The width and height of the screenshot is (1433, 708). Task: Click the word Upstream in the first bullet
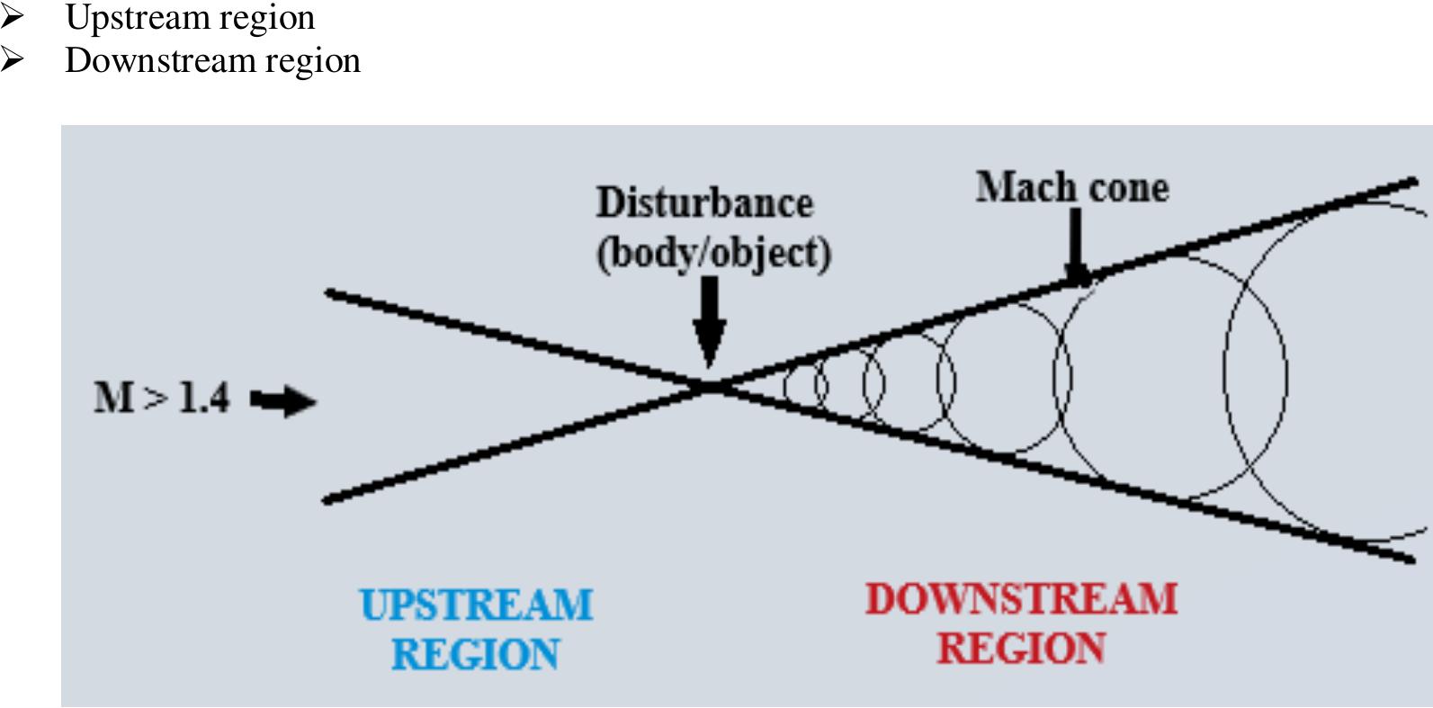pos(126,18)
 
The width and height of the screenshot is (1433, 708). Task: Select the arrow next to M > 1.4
pos(282,400)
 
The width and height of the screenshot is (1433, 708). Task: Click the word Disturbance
pos(704,202)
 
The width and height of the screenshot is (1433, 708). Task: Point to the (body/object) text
pos(713,253)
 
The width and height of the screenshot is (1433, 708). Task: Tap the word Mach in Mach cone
pos(1014,188)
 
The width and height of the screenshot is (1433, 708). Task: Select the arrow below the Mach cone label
pos(1074,247)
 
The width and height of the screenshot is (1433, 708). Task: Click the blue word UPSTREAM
pos(476,605)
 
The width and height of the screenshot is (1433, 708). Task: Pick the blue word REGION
pos(476,654)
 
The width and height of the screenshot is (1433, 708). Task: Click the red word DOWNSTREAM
pos(1021,599)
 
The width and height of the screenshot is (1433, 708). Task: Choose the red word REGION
pos(1021,649)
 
